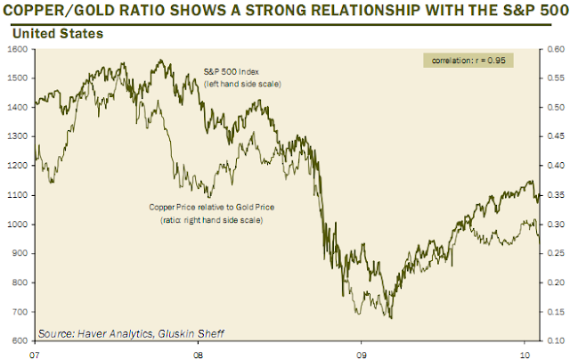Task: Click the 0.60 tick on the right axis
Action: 553,50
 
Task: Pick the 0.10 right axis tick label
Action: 553,341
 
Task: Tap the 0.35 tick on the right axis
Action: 553,195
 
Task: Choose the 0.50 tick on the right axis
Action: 553,108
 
